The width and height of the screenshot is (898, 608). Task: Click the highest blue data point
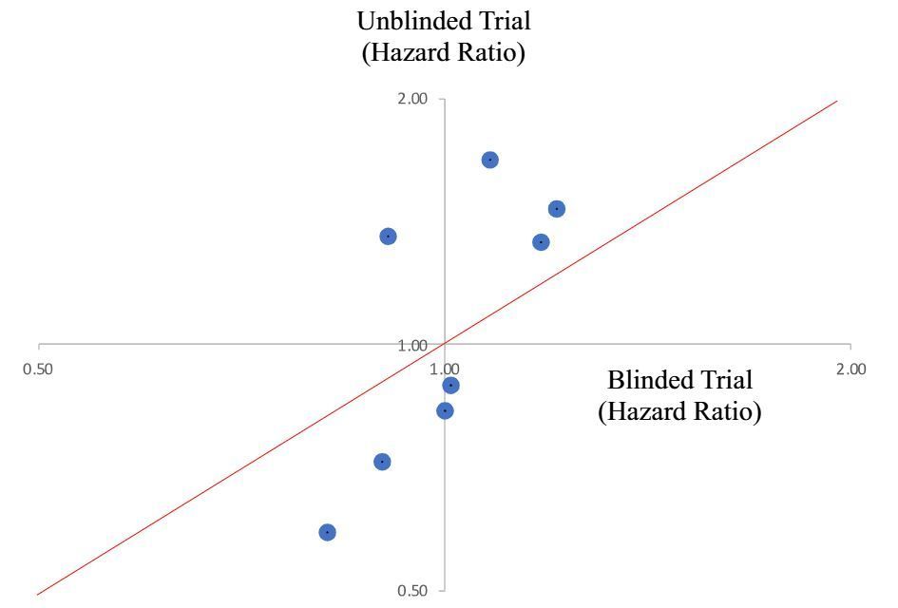pos(489,160)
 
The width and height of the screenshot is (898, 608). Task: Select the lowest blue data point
pos(327,532)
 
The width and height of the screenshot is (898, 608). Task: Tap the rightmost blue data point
pos(557,209)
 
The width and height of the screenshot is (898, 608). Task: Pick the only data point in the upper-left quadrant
pos(388,236)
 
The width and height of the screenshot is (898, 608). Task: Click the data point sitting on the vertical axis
pos(445,410)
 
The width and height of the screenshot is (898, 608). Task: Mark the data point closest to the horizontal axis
pos(451,385)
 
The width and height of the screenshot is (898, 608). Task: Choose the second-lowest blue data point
pos(382,462)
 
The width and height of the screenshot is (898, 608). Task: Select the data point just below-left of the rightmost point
pos(541,242)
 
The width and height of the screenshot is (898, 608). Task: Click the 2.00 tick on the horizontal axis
pos(850,370)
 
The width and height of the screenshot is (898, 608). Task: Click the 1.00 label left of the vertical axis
pos(412,345)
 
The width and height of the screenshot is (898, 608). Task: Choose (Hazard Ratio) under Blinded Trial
pos(679,413)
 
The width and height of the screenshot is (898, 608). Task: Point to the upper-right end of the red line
pos(837,101)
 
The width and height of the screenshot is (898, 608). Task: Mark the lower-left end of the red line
pos(38,595)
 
